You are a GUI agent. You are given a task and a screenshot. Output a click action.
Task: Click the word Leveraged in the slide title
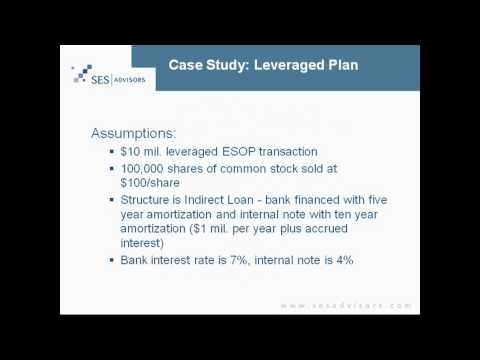(285, 65)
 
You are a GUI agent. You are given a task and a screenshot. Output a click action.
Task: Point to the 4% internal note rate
(337, 261)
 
